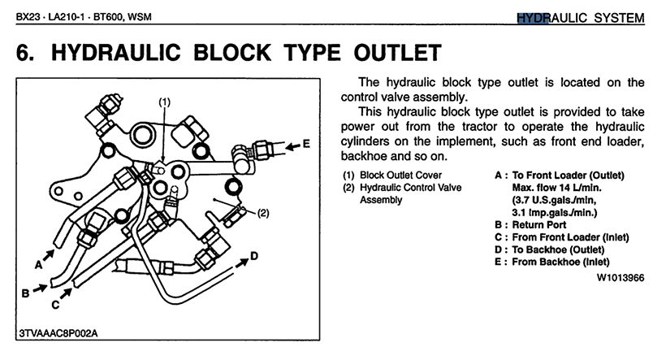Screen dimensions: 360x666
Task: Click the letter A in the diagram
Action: click(x=39, y=264)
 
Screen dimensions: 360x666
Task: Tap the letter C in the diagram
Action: click(x=55, y=306)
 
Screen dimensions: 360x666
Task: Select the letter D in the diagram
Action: click(x=254, y=256)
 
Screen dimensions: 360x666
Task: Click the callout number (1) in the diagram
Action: click(x=164, y=102)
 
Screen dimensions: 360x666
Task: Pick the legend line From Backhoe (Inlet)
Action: click(x=561, y=262)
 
